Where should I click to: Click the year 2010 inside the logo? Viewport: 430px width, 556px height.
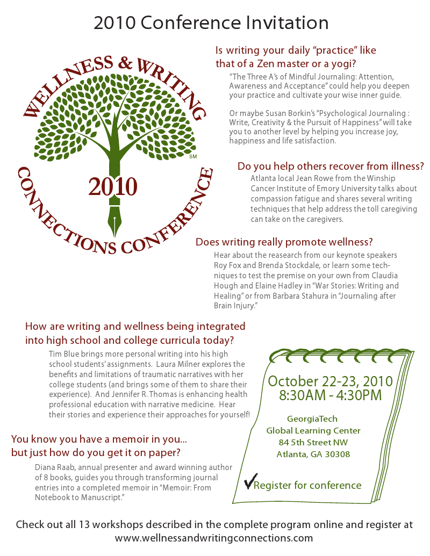113,186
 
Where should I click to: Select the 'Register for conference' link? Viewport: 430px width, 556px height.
307,486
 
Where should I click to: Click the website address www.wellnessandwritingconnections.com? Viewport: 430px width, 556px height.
214,537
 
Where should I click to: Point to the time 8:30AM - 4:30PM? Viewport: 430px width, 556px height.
331,395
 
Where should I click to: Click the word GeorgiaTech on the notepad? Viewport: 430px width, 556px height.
312,419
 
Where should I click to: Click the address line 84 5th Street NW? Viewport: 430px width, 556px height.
313,443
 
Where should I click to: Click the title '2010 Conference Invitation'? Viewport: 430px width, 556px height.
211,23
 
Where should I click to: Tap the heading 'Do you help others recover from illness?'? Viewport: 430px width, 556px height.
331,166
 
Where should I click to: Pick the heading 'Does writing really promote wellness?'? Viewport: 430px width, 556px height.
284,242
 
